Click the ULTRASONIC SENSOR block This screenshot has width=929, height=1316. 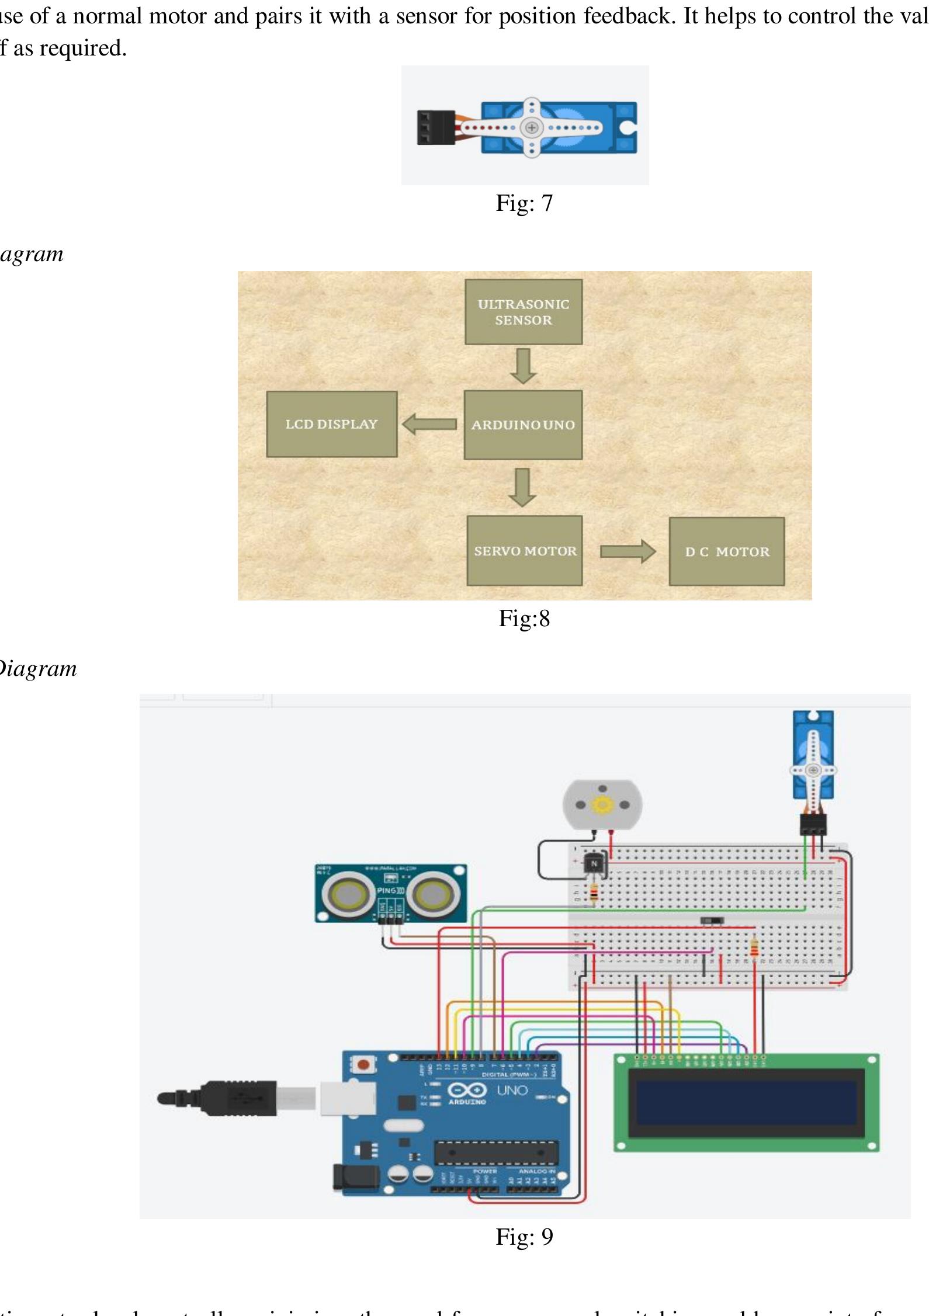pos(523,312)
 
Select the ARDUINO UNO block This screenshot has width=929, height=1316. pos(523,425)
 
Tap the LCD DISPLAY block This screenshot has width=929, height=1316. pos(331,424)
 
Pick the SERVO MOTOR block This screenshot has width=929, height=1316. pos(525,551)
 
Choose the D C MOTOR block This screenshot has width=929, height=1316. pos(726,551)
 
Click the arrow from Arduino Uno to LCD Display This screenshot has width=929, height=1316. pos(429,424)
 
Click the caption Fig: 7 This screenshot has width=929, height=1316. pos(524,203)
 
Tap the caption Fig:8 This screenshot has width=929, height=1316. pos(524,618)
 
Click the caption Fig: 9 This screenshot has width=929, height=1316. pos(524,1237)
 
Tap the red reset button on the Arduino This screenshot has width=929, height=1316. pos(363,1065)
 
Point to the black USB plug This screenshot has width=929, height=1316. pos(234,1098)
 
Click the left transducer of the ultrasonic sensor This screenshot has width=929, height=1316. pos(347,894)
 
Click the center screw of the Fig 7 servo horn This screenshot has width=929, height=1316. pos(531,127)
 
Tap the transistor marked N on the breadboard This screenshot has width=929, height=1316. pos(594,863)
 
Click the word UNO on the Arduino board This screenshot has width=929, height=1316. pos(512,1091)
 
